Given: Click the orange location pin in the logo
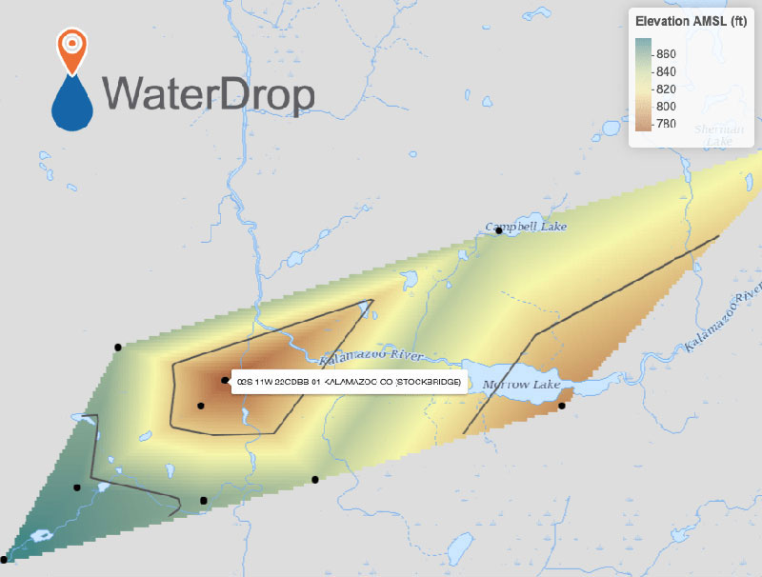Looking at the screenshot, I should [x=72, y=50].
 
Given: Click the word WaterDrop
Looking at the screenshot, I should [x=209, y=93].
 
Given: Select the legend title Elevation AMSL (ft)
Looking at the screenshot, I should [x=691, y=22].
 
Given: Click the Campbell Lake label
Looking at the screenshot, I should [x=526, y=228].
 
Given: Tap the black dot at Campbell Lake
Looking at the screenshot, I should [x=498, y=231].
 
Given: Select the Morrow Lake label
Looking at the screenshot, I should [x=521, y=385].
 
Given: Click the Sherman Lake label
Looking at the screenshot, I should [x=714, y=134].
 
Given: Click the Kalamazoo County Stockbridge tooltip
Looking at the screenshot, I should [x=348, y=382].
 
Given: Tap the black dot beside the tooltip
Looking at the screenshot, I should [x=225, y=381].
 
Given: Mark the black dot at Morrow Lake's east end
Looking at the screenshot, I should [x=562, y=407].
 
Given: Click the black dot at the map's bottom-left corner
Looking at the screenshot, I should [x=4, y=560].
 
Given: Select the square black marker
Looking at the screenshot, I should [x=203, y=500].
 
